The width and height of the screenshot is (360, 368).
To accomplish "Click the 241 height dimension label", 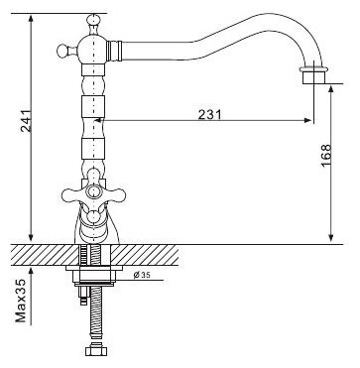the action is click(27, 121).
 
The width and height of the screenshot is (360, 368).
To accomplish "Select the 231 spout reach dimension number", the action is click(209, 115).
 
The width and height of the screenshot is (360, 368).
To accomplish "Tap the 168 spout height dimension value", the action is click(325, 156).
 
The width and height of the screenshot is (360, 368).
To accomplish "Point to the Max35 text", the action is click(21, 301).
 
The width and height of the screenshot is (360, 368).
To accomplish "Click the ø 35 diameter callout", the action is click(142, 275).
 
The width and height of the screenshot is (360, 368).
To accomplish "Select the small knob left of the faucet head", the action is click(62, 52).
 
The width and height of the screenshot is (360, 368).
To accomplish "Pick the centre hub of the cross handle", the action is click(94, 191).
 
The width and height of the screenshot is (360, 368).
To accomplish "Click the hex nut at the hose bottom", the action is click(96, 350).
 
